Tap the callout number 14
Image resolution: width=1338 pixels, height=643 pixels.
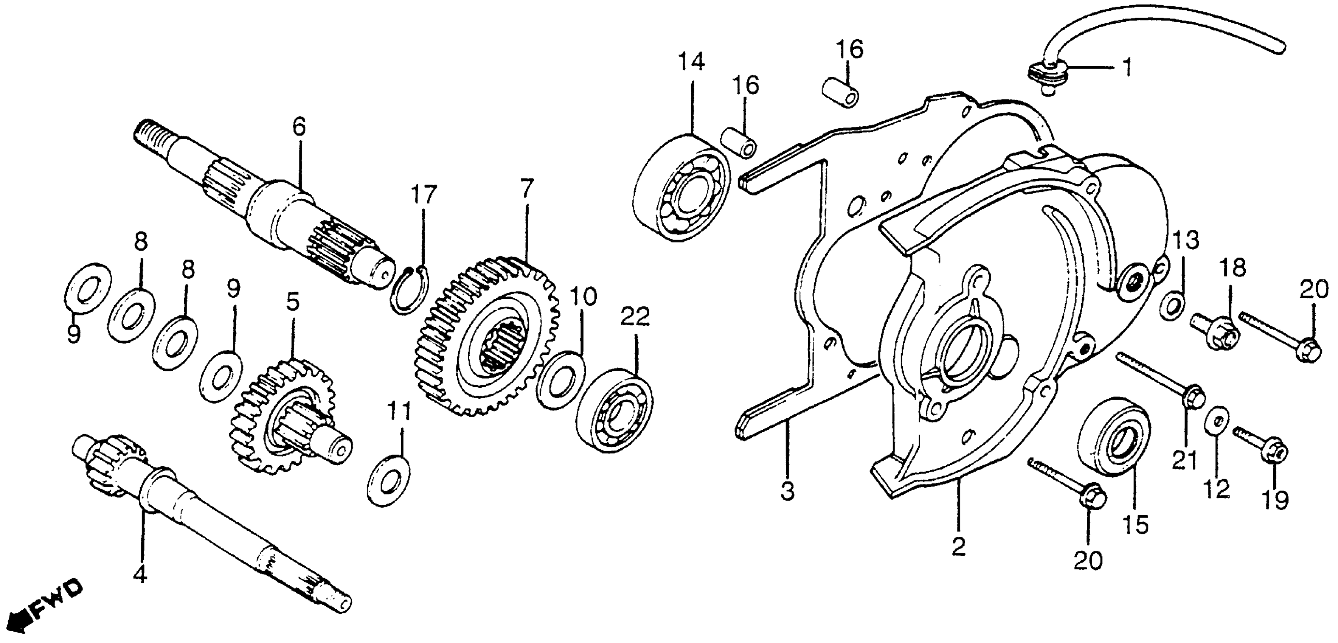click(x=692, y=62)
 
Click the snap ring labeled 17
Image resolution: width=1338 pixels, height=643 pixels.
click(x=410, y=290)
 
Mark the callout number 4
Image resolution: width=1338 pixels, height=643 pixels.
click(x=140, y=575)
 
